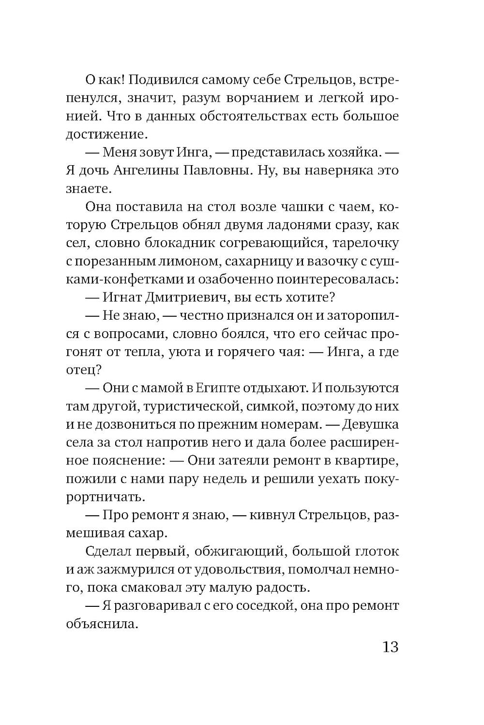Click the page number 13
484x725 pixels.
tap(390, 647)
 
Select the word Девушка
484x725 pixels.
tap(370, 425)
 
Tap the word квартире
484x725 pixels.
tap(367, 461)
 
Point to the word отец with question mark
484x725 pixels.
tap(83, 370)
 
